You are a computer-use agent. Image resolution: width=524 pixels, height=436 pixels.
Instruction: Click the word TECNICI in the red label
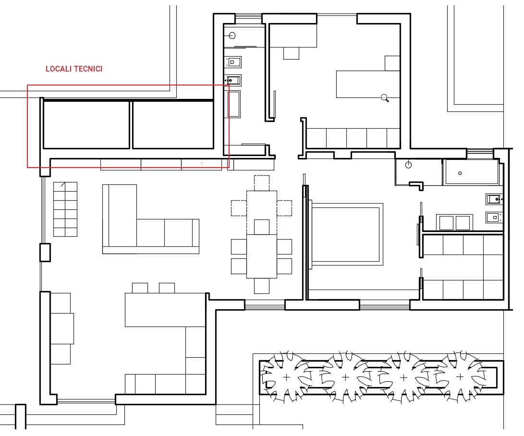pyautogui.click(x=88, y=69)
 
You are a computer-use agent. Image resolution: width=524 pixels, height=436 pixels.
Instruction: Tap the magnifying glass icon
pyautogui.click(x=385, y=98)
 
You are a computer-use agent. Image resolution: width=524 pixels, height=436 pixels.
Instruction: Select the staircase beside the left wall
pyautogui.click(x=65, y=209)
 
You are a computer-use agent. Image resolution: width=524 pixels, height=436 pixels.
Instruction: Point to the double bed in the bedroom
pyautogui.click(x=346, y=234)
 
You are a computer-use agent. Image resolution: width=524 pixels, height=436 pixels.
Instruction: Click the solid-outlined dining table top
pyautogui.click(x=262, y=256)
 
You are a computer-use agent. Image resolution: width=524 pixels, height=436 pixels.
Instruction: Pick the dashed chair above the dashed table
pyautogui.click(x=262, y=183)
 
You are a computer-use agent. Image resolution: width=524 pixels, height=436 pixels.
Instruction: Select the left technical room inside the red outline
pyautogui.click(x=86, y=125)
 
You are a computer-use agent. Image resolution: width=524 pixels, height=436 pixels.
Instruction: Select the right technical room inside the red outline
pyautogui.click(x=173, y=125)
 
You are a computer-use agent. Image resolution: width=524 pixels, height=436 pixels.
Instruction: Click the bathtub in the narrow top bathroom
pyautogui.click(x=234, y=104)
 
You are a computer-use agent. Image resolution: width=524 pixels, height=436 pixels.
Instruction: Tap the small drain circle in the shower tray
pyautogui.click(x=460, y=173)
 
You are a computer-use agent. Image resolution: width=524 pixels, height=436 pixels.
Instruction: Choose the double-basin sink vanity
pyautogui.click(x=454, y=222)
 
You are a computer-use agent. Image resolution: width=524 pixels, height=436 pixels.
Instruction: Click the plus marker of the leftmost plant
pyautogui.click(x=286, y=377)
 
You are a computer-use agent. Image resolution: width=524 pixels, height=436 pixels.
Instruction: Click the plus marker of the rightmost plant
pyautogui.click(x=460, y=377)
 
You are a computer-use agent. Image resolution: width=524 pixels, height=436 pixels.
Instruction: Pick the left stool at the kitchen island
pyautogui.click(x=140, y=288)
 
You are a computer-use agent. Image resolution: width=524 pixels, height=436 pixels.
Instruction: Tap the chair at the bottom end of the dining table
pyautogui.click(x=262, y=286)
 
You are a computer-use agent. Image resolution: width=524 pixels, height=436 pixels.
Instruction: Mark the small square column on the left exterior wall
pyautogui.click(x=45, y=252)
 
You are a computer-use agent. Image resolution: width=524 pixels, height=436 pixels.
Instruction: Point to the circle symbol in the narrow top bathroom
pyautogui.click(x=232, y=36)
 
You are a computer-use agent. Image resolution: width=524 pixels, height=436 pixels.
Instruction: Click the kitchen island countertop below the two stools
pyautogui.click(x=165, y=310)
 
